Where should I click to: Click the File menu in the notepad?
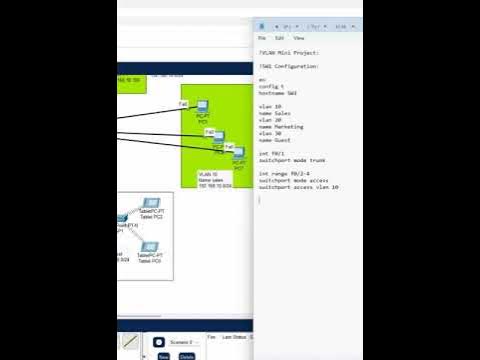262,37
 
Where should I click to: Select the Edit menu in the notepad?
279,37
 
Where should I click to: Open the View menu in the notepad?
298,37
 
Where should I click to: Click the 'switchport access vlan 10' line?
298,187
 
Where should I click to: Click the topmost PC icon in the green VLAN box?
202,107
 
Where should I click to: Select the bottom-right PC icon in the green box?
239,154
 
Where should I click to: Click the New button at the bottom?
163,354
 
